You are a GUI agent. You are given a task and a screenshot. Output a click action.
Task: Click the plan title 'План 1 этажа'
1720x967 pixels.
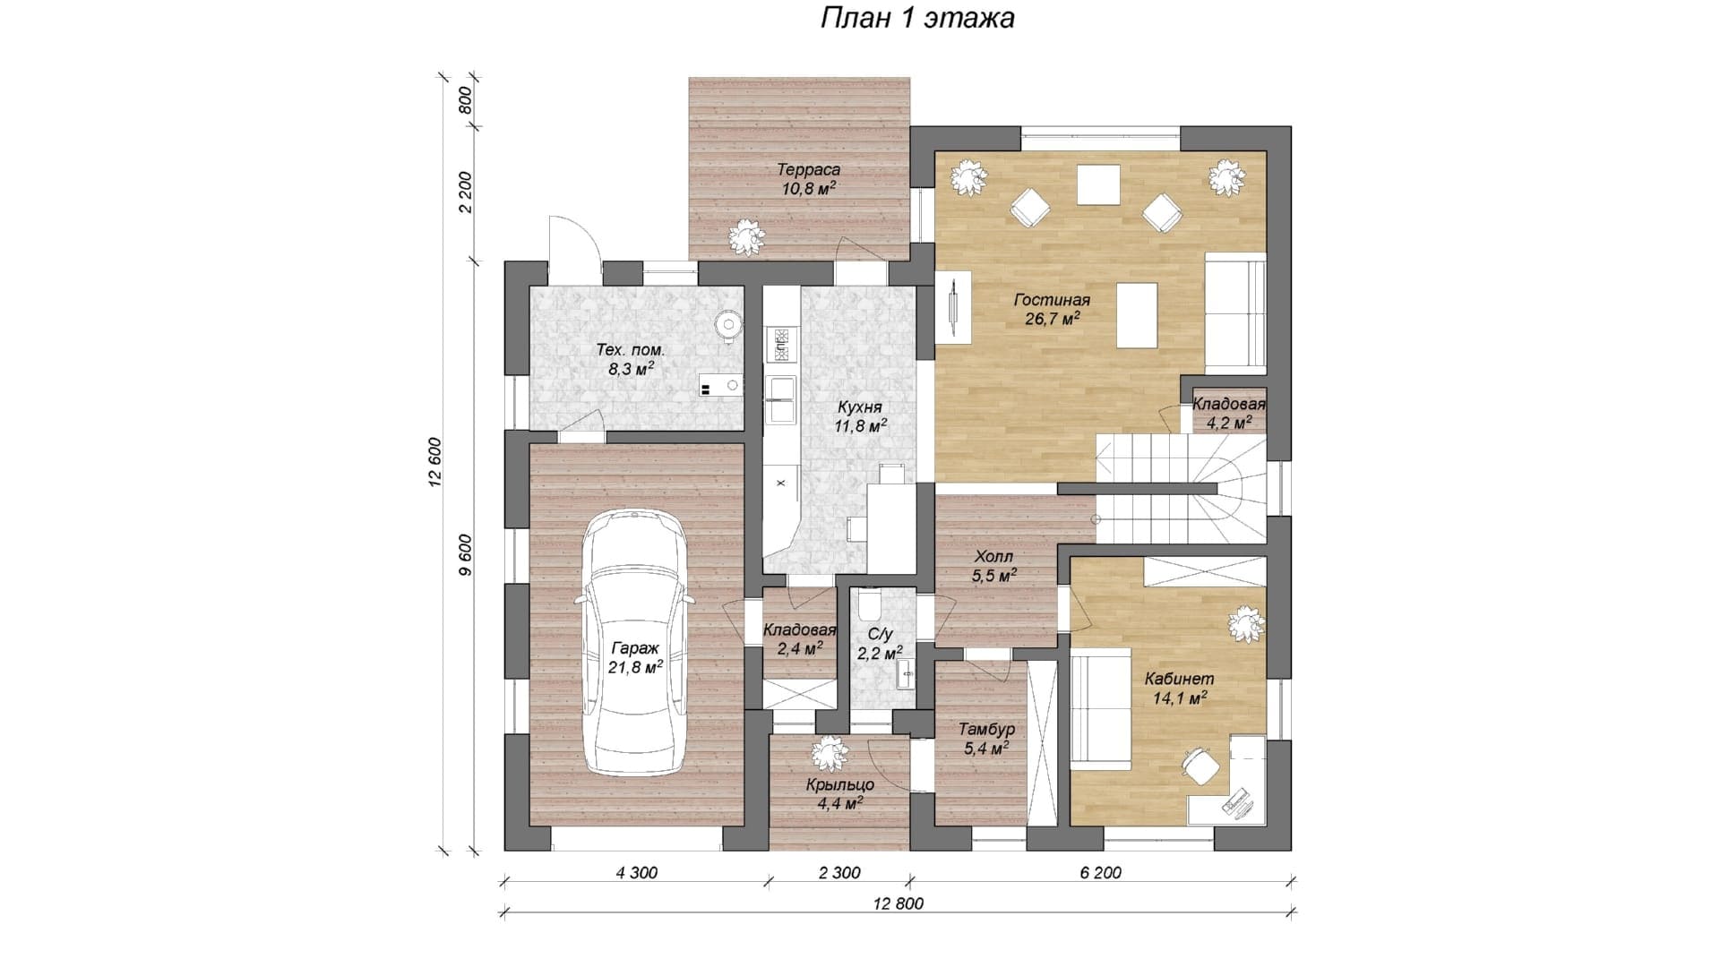click(x=917, y=18)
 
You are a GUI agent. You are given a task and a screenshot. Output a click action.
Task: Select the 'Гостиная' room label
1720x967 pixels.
click(x=1052, y=300)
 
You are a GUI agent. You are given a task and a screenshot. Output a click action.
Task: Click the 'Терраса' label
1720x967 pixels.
click(x=808, y=170)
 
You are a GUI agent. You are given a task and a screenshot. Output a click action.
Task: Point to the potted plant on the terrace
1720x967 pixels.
click(x=746, y=236)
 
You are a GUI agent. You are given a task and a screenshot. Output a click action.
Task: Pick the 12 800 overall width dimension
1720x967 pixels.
click(x=897, y=903)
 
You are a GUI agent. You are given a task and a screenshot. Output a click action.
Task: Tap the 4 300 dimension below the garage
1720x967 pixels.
click(x=636, y=873)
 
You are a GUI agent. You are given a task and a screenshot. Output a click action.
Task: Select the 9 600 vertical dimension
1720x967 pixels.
click(x=463, y=559)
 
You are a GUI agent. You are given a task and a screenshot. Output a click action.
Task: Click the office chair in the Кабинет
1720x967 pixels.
click(x=1198, y=766)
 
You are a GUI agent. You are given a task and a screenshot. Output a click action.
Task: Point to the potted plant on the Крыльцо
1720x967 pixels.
click(x=830, y=754)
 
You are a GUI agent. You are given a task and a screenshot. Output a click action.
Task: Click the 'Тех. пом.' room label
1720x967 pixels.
click(x=632, y=350)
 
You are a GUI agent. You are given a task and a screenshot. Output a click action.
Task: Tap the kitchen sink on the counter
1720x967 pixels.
click(x=780, y=398)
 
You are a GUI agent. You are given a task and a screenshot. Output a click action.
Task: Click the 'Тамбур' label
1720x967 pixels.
click(x=986, y=729)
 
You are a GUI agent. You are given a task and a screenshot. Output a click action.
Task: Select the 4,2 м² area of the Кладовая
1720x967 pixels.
click(x=1228, y=423)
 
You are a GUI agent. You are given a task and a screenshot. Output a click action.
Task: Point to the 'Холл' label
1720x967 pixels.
click(x=993, y=557)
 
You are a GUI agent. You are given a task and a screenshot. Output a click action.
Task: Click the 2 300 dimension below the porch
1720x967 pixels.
click(x=838, y=873)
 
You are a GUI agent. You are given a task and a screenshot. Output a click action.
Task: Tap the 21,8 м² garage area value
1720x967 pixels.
click(x=635, y=667)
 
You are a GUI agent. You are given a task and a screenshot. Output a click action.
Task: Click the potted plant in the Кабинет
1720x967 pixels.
click(x=1246, y=624)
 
